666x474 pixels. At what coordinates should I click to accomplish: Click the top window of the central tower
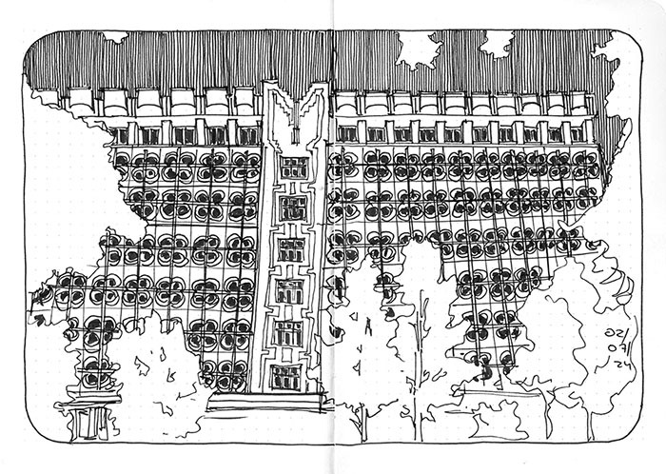pyautogui.click(x=294, y=168)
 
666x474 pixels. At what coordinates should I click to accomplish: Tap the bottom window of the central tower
pyautogui.click(x=285, y=377)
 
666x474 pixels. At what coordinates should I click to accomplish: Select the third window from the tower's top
pyautogui.click(x=291, y=249)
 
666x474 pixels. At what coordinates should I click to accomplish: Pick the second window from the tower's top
pyautogui.click(x=292, y=207)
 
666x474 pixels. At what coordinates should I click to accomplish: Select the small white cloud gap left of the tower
pyautogui.click(x=115, y=37)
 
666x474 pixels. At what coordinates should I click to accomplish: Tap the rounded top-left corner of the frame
pyautogui.click(x=33, y=43)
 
